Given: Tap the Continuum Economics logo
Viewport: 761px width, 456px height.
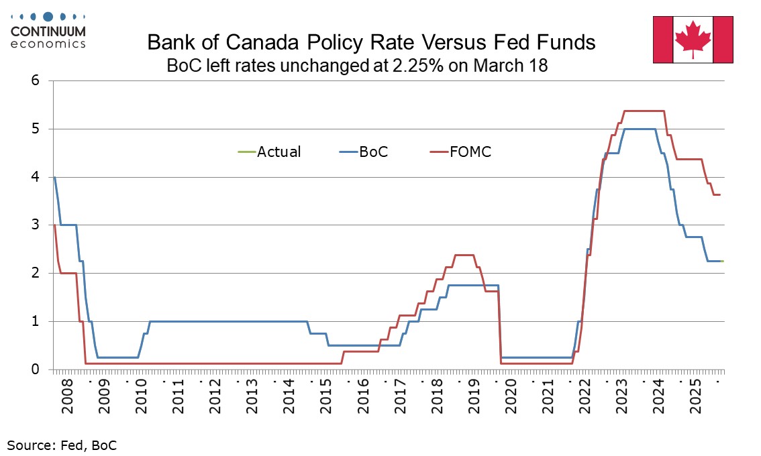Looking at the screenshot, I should pos(48,30).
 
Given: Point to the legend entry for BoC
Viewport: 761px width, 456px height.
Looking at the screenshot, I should pos(373,152).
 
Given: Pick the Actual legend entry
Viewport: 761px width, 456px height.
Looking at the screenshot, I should pos(278,152).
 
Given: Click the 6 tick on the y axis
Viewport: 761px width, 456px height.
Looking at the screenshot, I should pos(36,81).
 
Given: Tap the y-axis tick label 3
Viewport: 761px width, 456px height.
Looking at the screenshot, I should pos(36,225).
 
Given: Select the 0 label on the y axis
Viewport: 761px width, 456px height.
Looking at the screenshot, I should pos(36,369).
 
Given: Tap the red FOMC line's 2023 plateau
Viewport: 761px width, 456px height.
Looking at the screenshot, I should pos(644,111).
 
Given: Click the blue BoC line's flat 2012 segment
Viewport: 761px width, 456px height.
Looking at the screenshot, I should pos(215,321).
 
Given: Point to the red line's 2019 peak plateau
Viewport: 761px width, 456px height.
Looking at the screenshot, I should pos(464,255).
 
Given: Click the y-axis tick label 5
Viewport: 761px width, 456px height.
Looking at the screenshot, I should pos(36,129).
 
